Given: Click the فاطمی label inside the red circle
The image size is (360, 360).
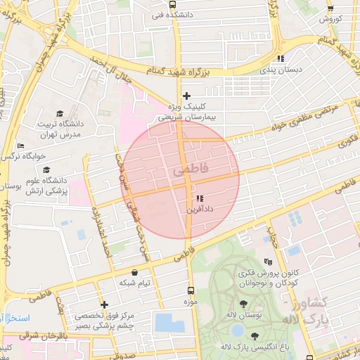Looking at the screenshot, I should coord(185,170).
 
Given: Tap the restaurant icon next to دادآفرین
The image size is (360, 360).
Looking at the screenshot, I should coord(200,198).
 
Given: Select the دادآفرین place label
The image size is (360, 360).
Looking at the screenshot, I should coord(200,209).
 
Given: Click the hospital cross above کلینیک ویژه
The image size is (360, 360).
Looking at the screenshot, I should coord(186,96).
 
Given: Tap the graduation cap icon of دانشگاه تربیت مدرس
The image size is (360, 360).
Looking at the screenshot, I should coord(60,113).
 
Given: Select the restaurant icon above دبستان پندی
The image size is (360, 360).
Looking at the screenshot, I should coord(280,59).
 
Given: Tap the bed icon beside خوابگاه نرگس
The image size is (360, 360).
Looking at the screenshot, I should coord(20,146).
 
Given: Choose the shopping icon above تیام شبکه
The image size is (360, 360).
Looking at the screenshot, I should coord(134,272).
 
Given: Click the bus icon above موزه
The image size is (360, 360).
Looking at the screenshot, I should coord(189,290).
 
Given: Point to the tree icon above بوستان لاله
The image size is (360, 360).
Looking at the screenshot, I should coord(243,304).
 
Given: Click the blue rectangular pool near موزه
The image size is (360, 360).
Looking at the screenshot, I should coord(169,323).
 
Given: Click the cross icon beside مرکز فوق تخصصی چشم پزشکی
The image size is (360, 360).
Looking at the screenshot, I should coord(105,305).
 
